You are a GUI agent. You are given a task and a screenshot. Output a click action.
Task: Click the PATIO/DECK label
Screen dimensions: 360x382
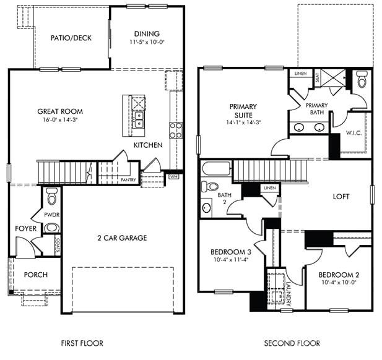pyautogui.click(x=71, y=38)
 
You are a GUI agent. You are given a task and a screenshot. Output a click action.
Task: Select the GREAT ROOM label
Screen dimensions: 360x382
pyautogui.click(x=60, y=112)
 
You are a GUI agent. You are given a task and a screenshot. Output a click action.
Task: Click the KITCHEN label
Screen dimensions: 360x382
pyautogui.click(x=148, y=145)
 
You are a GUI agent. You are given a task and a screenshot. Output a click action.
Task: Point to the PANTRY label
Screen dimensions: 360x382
pyautogui.click(x=128, y=179)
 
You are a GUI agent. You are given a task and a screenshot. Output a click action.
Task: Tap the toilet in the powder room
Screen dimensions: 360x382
pyautogui.click(x=51, y=199)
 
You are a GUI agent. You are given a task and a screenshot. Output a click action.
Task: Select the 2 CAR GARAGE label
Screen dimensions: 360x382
pyautogui.click(x=121, y=238)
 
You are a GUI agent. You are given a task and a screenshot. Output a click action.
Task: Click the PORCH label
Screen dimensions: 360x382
pyautogui.click(x=36, y=275)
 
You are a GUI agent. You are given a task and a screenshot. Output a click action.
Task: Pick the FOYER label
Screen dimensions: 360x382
pyautogui.click(x=26, y=228)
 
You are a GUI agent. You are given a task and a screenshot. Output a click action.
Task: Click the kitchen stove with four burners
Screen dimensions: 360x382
pyautogui.click(x=176, y=130)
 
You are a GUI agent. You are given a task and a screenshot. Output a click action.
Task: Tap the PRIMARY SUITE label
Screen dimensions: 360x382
pyautogui.click(x=243, y=111)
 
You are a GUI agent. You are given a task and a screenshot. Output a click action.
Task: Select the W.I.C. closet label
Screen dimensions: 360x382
pyautogui.click(x=354, y=132)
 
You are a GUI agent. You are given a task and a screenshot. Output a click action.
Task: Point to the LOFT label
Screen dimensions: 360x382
pyautogui.click(x=341, y=197)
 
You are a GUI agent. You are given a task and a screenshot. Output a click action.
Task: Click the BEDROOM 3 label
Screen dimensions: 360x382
pyautogui.click(x=230, y=252)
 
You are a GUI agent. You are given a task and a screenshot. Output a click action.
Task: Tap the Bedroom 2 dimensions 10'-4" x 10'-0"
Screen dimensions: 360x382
pyautogui.click(x=339, y=282)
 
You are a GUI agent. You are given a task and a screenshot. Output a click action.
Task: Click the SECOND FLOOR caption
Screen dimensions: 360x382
pyautogui.click(x=292, y=343)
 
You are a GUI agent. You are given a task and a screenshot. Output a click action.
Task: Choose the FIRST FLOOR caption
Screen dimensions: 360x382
pyautogui.click(x=82, y=343)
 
